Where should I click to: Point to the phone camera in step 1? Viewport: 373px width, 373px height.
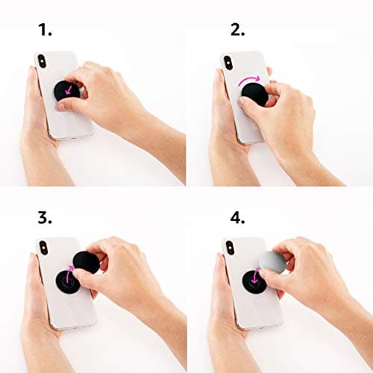43,62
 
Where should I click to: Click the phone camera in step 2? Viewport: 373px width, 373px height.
229,62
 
